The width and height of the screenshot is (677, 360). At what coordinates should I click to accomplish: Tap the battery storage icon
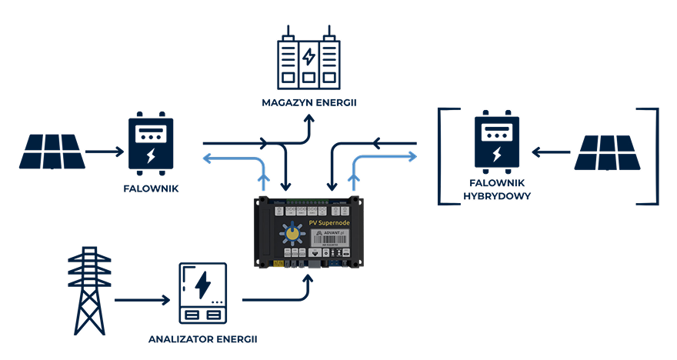click(308, 60)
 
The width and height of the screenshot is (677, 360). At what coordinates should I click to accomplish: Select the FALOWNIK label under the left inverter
click(151, 188)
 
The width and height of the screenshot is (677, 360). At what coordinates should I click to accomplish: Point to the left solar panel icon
click(52, 152)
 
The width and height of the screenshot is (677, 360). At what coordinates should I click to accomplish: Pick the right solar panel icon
click(608, 152)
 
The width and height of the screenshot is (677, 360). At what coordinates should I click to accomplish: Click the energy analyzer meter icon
click(203, 293)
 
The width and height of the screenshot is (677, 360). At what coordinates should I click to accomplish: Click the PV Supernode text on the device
click(328, 223)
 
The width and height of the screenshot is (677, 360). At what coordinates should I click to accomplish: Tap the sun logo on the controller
click(292, 233)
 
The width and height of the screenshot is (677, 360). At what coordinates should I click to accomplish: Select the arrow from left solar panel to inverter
click(105, 152)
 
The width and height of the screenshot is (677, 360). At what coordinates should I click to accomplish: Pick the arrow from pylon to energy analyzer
click(143, 300)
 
